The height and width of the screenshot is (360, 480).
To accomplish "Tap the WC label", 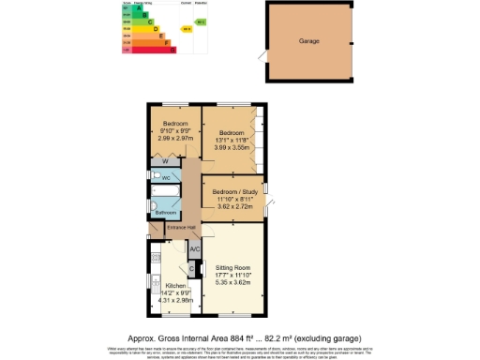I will pyautogui.click(x=166, y=177).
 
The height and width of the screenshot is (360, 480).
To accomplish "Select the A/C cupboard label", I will pyautogui.click(x=195, y=249).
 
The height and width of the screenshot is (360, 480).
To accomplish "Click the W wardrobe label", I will pyautogui.click(x=164, y=161).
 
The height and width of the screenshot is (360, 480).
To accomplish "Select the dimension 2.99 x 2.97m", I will pyautogui.click(x=176, y=138).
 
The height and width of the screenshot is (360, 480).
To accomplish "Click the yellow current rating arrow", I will pyautogui.click(x=187, y=28).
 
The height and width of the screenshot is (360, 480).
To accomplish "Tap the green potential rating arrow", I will pyautogui.click(x=202, y=21).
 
